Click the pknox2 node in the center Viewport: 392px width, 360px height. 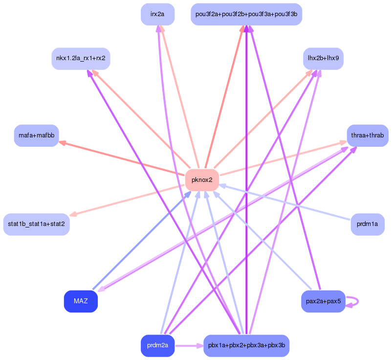202,180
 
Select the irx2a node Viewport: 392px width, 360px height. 157,14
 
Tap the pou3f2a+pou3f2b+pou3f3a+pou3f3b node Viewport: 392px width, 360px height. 246,14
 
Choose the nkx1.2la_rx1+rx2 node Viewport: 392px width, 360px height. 81,58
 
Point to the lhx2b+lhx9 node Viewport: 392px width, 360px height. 323,58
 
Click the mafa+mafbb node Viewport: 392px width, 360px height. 37,135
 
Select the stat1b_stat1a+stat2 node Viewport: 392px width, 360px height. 36,224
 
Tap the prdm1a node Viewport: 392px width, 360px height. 367,224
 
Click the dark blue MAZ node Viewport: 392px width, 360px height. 81,301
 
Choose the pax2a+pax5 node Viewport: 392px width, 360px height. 323,301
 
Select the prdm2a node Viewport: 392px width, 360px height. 157,345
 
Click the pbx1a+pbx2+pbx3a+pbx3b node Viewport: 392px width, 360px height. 246,345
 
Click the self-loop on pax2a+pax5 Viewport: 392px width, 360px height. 357,301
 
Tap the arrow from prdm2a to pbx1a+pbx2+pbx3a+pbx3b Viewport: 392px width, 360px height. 189,346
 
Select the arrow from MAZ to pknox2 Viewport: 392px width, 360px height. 142,240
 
